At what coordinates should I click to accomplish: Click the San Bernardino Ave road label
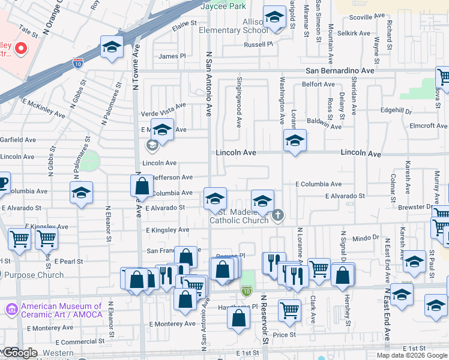(x=340, y=70)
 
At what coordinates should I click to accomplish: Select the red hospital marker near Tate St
(x=21, y=47)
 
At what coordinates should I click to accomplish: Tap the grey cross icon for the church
(x=277, y=215)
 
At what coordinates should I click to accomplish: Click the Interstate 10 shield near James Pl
(x=78, y=62)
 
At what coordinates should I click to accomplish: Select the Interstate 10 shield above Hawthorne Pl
(x=246, y=291)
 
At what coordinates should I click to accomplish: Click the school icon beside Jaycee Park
(x=274, y=19)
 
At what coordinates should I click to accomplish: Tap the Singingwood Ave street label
(x=239, y=101)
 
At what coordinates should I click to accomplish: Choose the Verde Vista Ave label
(x=163, y=113)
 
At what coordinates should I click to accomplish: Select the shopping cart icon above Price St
(x=289, y=310)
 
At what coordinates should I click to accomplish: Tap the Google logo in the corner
(x=20, y=353)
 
